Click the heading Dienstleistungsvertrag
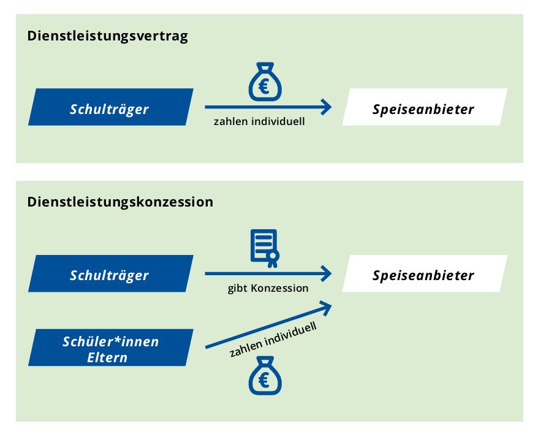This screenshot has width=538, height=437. tap(107, 36)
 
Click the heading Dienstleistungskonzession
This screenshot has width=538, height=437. tap(120, 202)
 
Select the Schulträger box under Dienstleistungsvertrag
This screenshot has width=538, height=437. tap(110, 107)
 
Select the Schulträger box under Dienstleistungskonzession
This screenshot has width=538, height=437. tap(110, 273)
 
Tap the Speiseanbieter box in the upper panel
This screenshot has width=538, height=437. tap(425, 107)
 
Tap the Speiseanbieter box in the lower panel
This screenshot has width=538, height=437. tap(425, 273)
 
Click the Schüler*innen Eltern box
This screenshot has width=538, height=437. tap(110, 348)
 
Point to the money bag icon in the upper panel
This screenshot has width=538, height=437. tap(265, 82)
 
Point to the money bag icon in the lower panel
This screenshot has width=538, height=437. tap(265, 376)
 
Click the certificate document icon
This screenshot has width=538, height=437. tap(265, 248)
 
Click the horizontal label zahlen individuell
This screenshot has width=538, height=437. tap(259, 121)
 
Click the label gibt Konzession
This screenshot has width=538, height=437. tap(268, 288)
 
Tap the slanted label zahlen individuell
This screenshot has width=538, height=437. tap(273, 340)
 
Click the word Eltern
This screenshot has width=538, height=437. tap(107, 358)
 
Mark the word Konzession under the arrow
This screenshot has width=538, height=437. tap(279, 287)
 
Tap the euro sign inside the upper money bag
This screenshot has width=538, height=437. tap(264, 86)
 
